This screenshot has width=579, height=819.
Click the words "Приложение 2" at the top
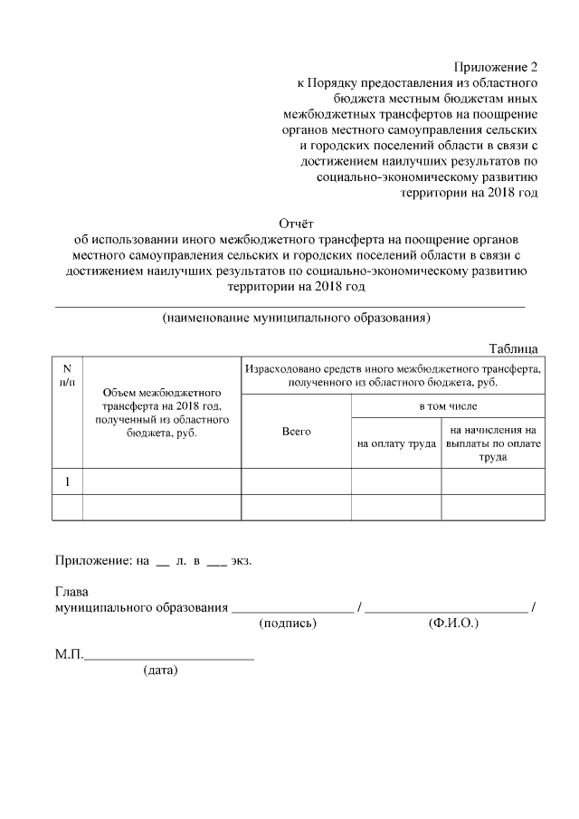495,67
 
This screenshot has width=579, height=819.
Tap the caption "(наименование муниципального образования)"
296,318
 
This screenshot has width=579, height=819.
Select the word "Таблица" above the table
514,348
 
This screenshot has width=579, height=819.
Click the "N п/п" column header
67,376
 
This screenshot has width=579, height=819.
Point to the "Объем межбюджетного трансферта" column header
162,413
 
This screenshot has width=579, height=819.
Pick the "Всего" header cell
296,432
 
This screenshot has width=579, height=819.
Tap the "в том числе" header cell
447,406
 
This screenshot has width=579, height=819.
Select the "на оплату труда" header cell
396,443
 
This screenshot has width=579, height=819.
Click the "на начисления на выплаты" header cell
493,443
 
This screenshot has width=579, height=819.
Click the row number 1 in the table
67,481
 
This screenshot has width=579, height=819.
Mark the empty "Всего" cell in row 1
296,481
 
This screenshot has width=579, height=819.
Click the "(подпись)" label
288,624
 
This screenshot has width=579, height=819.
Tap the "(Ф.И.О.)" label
451,624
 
